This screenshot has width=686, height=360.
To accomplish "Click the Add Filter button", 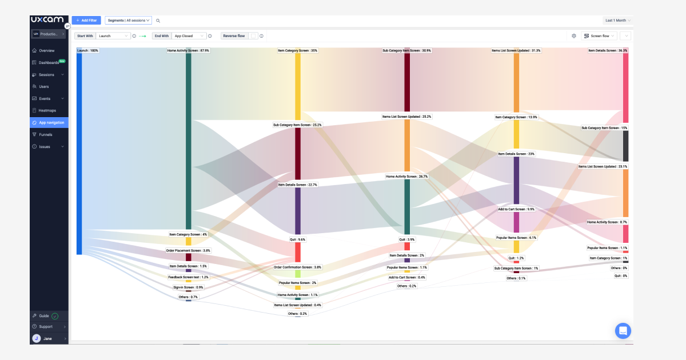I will pyautogui.click(x=86, y=20).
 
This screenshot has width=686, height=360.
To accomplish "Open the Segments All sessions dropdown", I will pyautogui.click(x=128, y=20).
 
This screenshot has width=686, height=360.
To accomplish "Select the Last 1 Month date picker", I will pyautogui.click(x=618, y=20).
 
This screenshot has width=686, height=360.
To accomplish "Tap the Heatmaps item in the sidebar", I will pyautogui.click(x=47, y=110).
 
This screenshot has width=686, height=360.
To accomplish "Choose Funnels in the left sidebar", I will pyautogui.click(x=45, y=134).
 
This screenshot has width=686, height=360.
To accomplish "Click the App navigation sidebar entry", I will pyautogui.click(x=51, y=122).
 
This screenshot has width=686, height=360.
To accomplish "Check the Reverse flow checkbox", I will pyautogui.click(x=253, y=36).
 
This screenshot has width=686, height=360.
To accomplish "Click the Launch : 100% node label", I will pyautogui.click(x=87, y=50).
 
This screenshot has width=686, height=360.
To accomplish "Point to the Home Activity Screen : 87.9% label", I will pyautogui.click(x=188, y=50).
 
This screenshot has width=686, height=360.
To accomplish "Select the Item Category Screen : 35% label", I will pyautogui.click(x=297, y=50).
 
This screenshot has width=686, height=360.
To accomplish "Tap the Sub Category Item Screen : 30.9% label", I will pyautogui.click(x=406, y=50).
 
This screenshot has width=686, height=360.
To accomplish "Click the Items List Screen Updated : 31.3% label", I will pyautogui.click(x=516, y=50).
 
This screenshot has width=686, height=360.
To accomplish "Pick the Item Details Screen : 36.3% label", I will pyautogui.click(x=608, y=50).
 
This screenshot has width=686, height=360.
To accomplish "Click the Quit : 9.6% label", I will pyautogui.click(x=297, y=239).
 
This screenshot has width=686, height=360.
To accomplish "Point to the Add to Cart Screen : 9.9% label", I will pyautogui.click(x=516, y=209).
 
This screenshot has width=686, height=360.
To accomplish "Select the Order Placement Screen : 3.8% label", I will pyautogui.click(x=188, y=250).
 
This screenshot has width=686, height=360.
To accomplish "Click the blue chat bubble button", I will pyautogui.click(x=623, y=330).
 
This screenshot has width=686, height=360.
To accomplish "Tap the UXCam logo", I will pyautogui.click(x=47, y=19).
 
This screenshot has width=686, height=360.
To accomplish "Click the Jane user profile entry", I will pyautogui.click(x=47, y=338).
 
